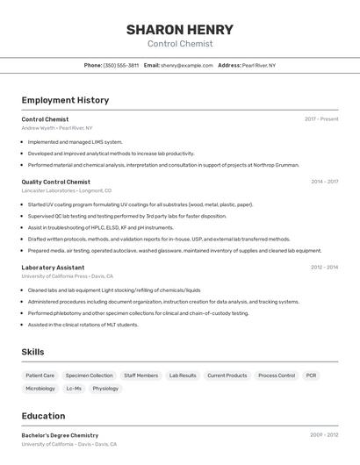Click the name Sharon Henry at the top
click(179, 29)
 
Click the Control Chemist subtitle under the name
click(179, 44)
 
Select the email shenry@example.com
click(186, 65)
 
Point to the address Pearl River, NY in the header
click(259, 65)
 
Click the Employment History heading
click(65, 100)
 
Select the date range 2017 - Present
click(321, 119)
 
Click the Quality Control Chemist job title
click(55, 182)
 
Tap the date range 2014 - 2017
click(324, 182)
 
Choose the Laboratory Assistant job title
click(53, 268)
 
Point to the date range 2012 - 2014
click(324, 268)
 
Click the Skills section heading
click(33, 352)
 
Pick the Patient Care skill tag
click(40, 376)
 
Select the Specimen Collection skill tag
click(89, 376)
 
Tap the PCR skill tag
click(312, 376)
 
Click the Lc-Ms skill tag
click(74, 388)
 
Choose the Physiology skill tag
click(105, 388)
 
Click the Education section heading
click(43, 416)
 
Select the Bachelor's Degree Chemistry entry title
click(60, 435)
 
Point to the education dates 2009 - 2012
click(324, 435)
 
